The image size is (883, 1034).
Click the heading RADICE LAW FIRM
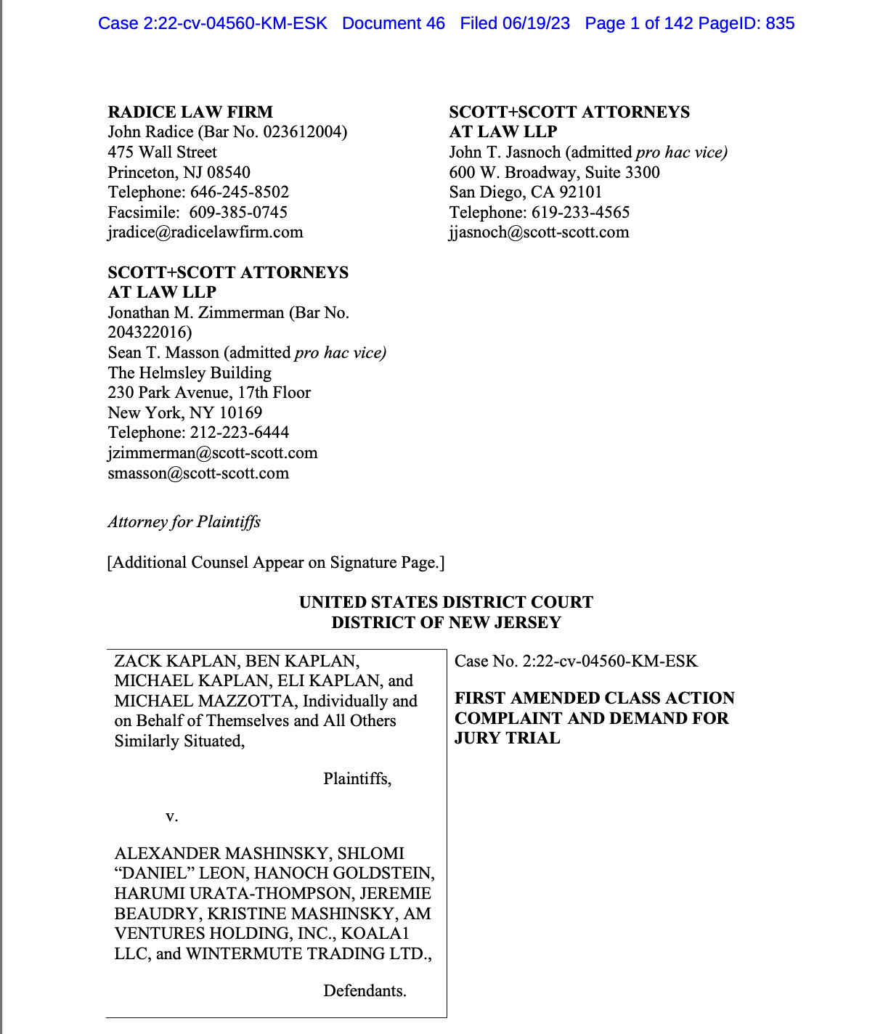tap(190, 112)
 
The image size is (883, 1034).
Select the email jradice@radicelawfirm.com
tap(206, 232)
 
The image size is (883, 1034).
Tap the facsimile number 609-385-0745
tap(238, 212)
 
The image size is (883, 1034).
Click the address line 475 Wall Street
tap(162, 152)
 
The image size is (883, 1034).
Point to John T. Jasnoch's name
tap(505, 152)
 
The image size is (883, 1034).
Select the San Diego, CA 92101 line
tap(525, 192)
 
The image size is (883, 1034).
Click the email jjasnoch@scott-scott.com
tap(539, 232)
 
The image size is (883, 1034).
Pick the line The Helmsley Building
tap(190, 373)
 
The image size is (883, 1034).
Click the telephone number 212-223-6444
tap(240, 433)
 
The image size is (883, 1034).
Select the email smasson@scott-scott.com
tap(198, 473)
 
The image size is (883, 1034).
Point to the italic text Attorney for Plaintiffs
tap(184, 522)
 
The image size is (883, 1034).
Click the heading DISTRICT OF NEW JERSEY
tap(446, 622)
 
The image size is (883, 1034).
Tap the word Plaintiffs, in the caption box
tap(357, 779)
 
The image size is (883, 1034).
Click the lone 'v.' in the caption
tap(171, 816)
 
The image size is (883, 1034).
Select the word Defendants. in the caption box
tap(365, 991)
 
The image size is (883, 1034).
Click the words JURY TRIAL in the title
tap(507, 738)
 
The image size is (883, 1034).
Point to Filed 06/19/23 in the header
tap(514, 23)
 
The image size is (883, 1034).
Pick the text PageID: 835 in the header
tap(746, 23)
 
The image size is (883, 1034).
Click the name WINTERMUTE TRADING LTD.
tap(308, 953)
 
